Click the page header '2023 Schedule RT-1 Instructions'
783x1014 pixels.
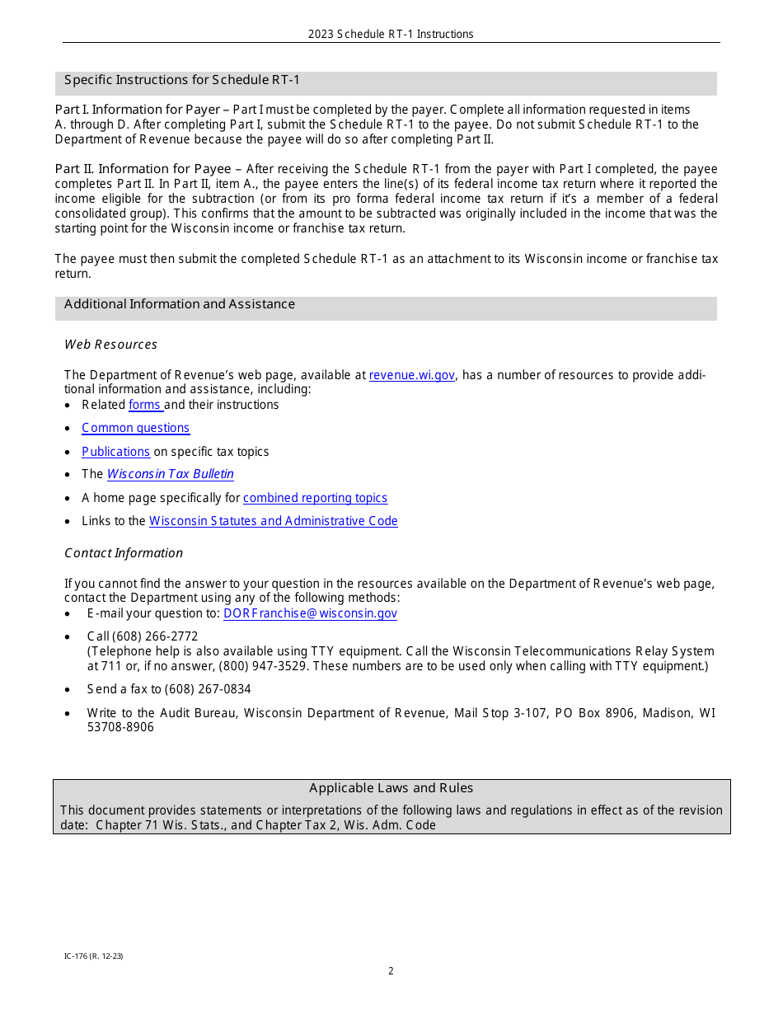tap(391, 34)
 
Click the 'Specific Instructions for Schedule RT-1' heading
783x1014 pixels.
tap(182, 80)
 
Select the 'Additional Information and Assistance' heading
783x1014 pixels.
tap(180, 304)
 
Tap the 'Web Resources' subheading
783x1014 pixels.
tap(110, 345)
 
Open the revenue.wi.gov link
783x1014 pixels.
tap(411, 375)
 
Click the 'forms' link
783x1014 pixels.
tap(145, 405)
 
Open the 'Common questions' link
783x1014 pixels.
tap(135, 428)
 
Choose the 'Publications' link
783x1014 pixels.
tap(115, 452)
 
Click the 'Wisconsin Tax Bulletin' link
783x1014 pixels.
tap(170, 474)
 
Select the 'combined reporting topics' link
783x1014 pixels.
tap(315, 498)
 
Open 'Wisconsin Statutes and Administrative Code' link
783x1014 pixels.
tap(273, 521)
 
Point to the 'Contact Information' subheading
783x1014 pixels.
tap(124, 553)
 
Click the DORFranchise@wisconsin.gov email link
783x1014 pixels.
tap(310, 613)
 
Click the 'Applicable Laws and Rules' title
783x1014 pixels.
tap(391, 788)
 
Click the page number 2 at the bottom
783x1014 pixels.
tap(391, 971)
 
